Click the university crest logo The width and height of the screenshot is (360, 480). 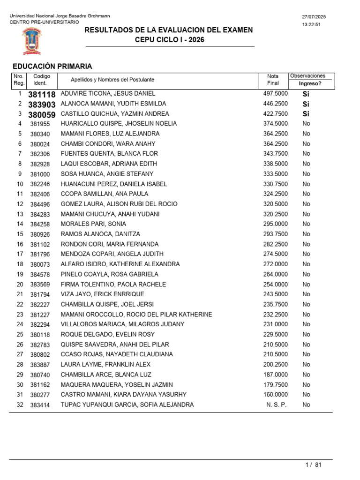pyautogui.click(x=31, y=41)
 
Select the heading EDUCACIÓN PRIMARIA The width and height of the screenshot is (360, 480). pyautogui.click(x=52, y=66)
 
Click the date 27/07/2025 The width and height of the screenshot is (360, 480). pyautogui.click(x=314, y=17)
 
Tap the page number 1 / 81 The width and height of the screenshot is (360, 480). pyautogui.click(x=313, y=465)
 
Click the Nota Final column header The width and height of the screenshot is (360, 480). pyautogui.click(x=273, y=80)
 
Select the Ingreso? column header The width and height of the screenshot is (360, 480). pyautogui.click(x=310, y=83)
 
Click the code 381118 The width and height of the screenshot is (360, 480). pyautogui.click(x=42, y=94)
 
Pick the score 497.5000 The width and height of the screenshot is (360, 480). pyautogui.click(x=276, y=94)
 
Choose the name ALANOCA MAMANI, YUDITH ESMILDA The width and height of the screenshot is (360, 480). pyautogui.click(x=113, y=104)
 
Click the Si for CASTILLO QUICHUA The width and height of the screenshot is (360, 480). pyautogui.click(x=306, y=114)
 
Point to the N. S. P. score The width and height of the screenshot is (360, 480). pyautogui.click(x=277, y=405)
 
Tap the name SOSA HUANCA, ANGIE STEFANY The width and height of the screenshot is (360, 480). pyautogui.click(x=107, y=174)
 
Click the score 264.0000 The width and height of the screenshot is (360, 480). pyautogui.click(x=276, y=274)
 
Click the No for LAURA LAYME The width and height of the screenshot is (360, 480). pyautogui.click(x=306, y=364)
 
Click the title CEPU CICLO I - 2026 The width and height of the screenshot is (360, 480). pyautogui.click(x=169, y=40)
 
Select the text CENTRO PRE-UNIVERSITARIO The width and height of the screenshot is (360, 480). pyautogui.click(x=45, y=22)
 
